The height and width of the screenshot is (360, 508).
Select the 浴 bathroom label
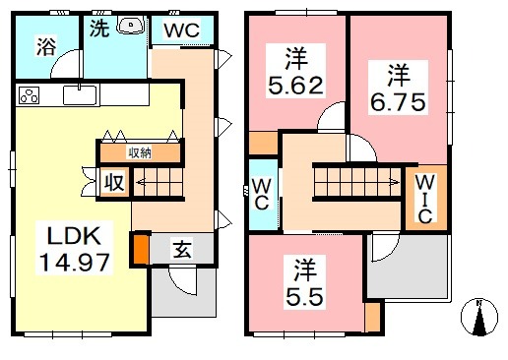coord(46,44)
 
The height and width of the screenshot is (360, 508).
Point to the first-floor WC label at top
coord(182,30)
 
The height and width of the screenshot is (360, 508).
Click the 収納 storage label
coord(140,152)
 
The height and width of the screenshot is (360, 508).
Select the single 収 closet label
coord(115,183)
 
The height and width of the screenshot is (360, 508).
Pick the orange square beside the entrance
coord(141,248)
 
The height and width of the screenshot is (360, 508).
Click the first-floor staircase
coord(158,183)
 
